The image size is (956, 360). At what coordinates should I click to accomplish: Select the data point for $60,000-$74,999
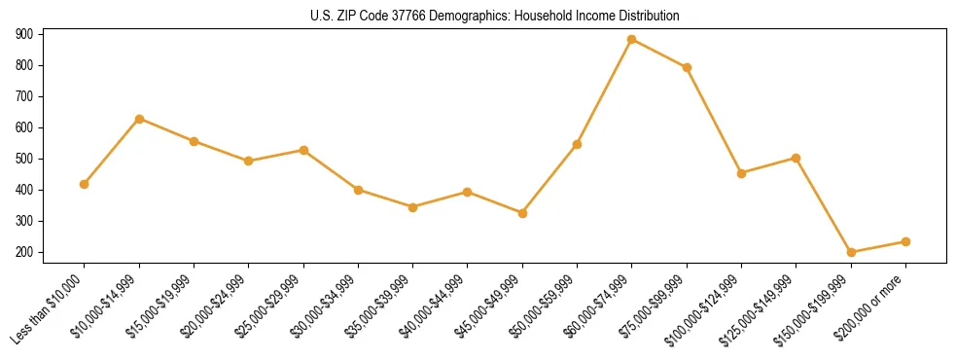click(x=632, y=40)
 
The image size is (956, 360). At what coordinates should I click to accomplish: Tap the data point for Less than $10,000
click(x=85, y=184)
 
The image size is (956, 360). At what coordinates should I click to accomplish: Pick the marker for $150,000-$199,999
click(x=851, y=252)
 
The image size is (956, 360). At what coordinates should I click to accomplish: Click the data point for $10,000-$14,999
click(x=139, y=119)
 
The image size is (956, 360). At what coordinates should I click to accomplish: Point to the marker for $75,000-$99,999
click(x=687, y=67)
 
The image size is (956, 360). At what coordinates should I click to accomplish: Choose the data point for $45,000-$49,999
click(x=522, y=213)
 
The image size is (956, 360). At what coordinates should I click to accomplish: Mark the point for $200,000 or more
click(x=905, y=241)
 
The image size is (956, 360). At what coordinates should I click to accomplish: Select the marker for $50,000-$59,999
click(x=577, y=144)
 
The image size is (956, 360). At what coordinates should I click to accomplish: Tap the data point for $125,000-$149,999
click(x=797, y=158)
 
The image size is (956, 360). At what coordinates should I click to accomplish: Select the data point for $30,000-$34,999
click(x=358, y=190)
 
